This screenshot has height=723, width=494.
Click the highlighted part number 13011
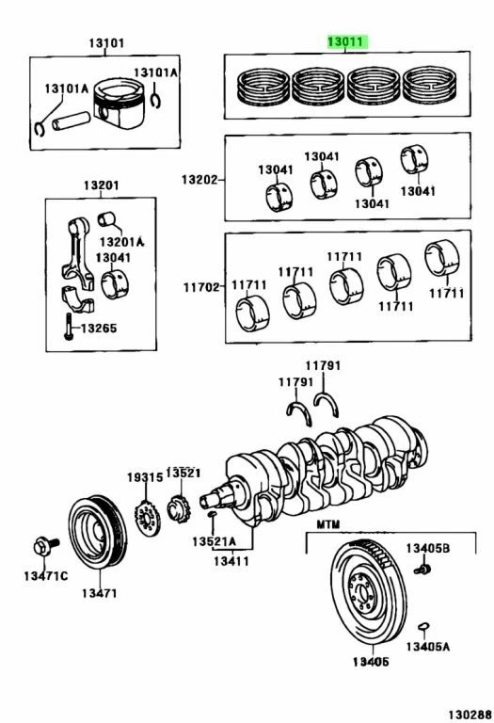[x=348, y=41]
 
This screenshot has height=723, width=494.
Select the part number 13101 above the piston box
[x=106, y=43]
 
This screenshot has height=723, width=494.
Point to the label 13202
[x=199, y=179]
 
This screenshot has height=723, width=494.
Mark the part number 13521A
[x=214, y=542]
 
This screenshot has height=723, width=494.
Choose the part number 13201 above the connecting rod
[x=102, y=185]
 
